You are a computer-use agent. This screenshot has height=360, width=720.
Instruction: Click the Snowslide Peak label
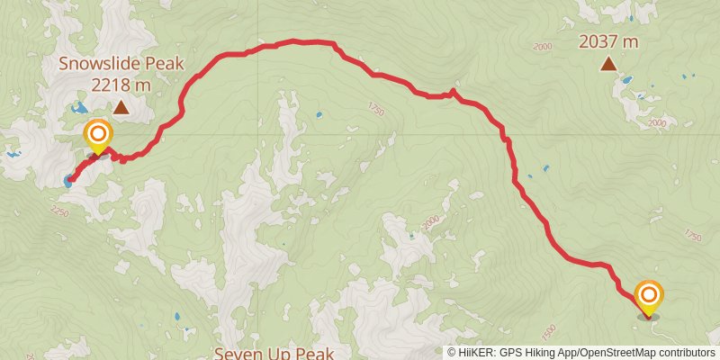click(x=121, y=63)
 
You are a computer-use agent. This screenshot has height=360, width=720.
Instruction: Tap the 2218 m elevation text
click(x=121, y=85)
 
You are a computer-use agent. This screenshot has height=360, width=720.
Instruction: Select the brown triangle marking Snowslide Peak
click(x=121, y=108)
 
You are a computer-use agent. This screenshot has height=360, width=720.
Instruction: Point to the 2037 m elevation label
click(x=608, y=40)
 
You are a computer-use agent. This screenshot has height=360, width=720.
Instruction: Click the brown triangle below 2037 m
click(x=609, y=63)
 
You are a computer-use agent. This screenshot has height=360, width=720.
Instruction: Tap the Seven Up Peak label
click(x=274, y=352)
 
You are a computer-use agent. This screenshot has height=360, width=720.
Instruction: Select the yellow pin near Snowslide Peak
click(x=98, y=138)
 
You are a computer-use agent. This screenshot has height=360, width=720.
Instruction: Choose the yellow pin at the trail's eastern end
click(x=648, y=296)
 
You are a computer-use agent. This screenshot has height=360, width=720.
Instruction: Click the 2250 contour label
click(x=59, y=211)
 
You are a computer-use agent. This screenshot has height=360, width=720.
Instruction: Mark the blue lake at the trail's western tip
click(x=68, y=179)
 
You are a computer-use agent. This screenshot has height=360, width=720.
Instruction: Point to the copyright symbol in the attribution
click(x=452, y=352)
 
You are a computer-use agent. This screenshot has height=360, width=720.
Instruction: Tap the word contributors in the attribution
click(x=687, y=352)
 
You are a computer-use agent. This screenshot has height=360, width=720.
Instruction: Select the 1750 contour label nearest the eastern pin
click(x=691, y=236)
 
